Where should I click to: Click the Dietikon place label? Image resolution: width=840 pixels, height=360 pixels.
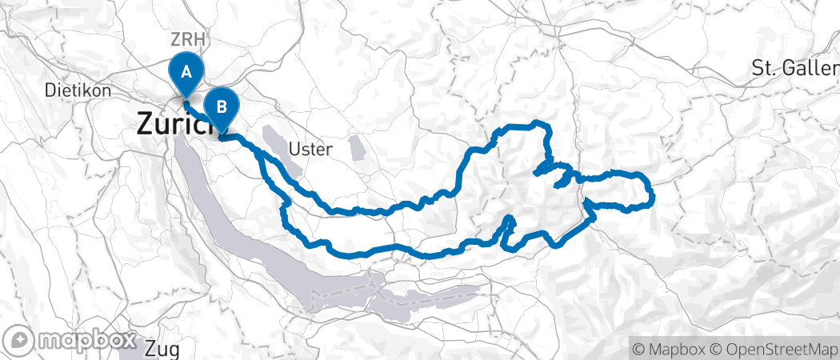click(x=78, y=90)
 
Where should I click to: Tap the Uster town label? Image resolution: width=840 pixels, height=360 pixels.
click(x=308, y=149)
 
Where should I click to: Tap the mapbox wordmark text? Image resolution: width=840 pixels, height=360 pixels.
click(x=85, y=340)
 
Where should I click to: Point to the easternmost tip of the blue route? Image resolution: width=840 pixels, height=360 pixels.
click(x=654, y=194)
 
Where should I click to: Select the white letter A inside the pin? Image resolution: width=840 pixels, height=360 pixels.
click(x=186, y=70)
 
